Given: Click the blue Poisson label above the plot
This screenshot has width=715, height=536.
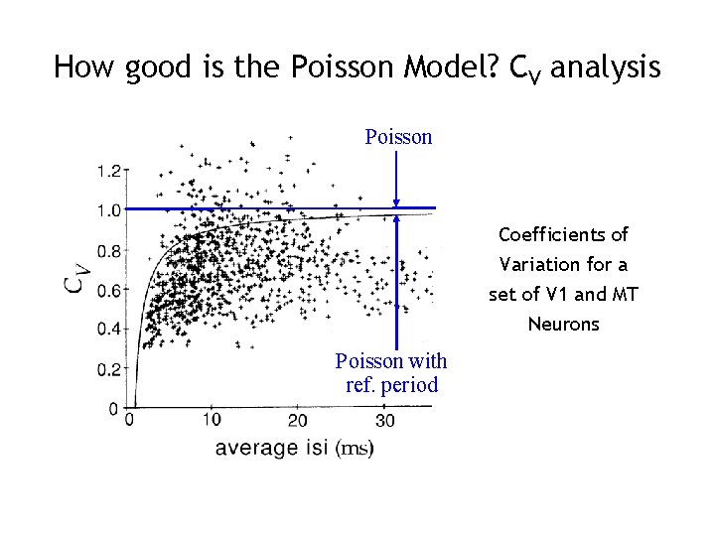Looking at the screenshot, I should point(398,137).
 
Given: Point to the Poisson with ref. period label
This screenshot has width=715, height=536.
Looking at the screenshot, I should point(391,372).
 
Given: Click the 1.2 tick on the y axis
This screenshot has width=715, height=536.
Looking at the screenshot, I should point(108,171).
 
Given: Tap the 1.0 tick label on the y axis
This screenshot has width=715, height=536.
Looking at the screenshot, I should point(108,210).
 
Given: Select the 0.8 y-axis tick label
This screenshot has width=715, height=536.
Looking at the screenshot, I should point(108,250).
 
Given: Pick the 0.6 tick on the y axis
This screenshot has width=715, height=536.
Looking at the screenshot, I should point(108,290).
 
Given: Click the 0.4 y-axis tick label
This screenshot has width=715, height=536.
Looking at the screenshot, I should point(108,329).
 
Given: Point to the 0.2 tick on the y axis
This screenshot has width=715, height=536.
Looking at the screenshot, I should point(108,368).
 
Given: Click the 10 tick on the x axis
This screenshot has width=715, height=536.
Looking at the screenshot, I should point(210,421).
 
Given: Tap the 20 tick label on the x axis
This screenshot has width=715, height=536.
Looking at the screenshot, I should point(297,421).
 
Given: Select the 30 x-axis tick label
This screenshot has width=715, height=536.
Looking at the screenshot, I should point(384,421).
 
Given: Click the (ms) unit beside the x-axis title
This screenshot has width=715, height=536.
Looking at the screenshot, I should point(355,449).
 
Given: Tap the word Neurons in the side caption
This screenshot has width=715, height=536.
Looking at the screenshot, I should point(563,325).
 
